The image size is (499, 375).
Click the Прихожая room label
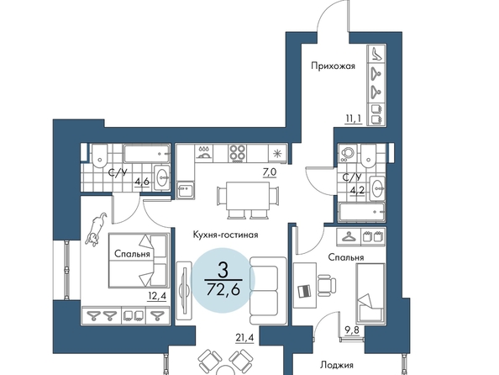pos(333,66)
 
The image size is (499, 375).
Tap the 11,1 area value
pos(354,119)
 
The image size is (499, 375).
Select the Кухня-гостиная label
pos(225,235)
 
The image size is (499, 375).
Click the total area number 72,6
pos(223,289)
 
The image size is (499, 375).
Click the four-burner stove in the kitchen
pos(237,153)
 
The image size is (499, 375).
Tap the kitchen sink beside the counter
pos(186,191)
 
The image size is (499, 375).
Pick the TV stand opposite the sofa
pos(184,291)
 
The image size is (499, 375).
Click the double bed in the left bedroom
pos(138,261)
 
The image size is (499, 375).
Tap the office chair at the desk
pos(326,285)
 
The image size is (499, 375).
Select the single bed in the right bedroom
pos(370,292)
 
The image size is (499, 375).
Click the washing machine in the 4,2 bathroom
pos(348,154)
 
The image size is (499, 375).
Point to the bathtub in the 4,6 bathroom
pos(147,154)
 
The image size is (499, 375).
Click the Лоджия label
pos(337,365)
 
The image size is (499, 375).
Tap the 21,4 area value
pos(244,338)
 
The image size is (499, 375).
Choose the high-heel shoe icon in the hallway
pos(376,53)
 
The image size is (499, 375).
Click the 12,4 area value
pos(157,297)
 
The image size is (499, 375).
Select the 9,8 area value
pos(352,330)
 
